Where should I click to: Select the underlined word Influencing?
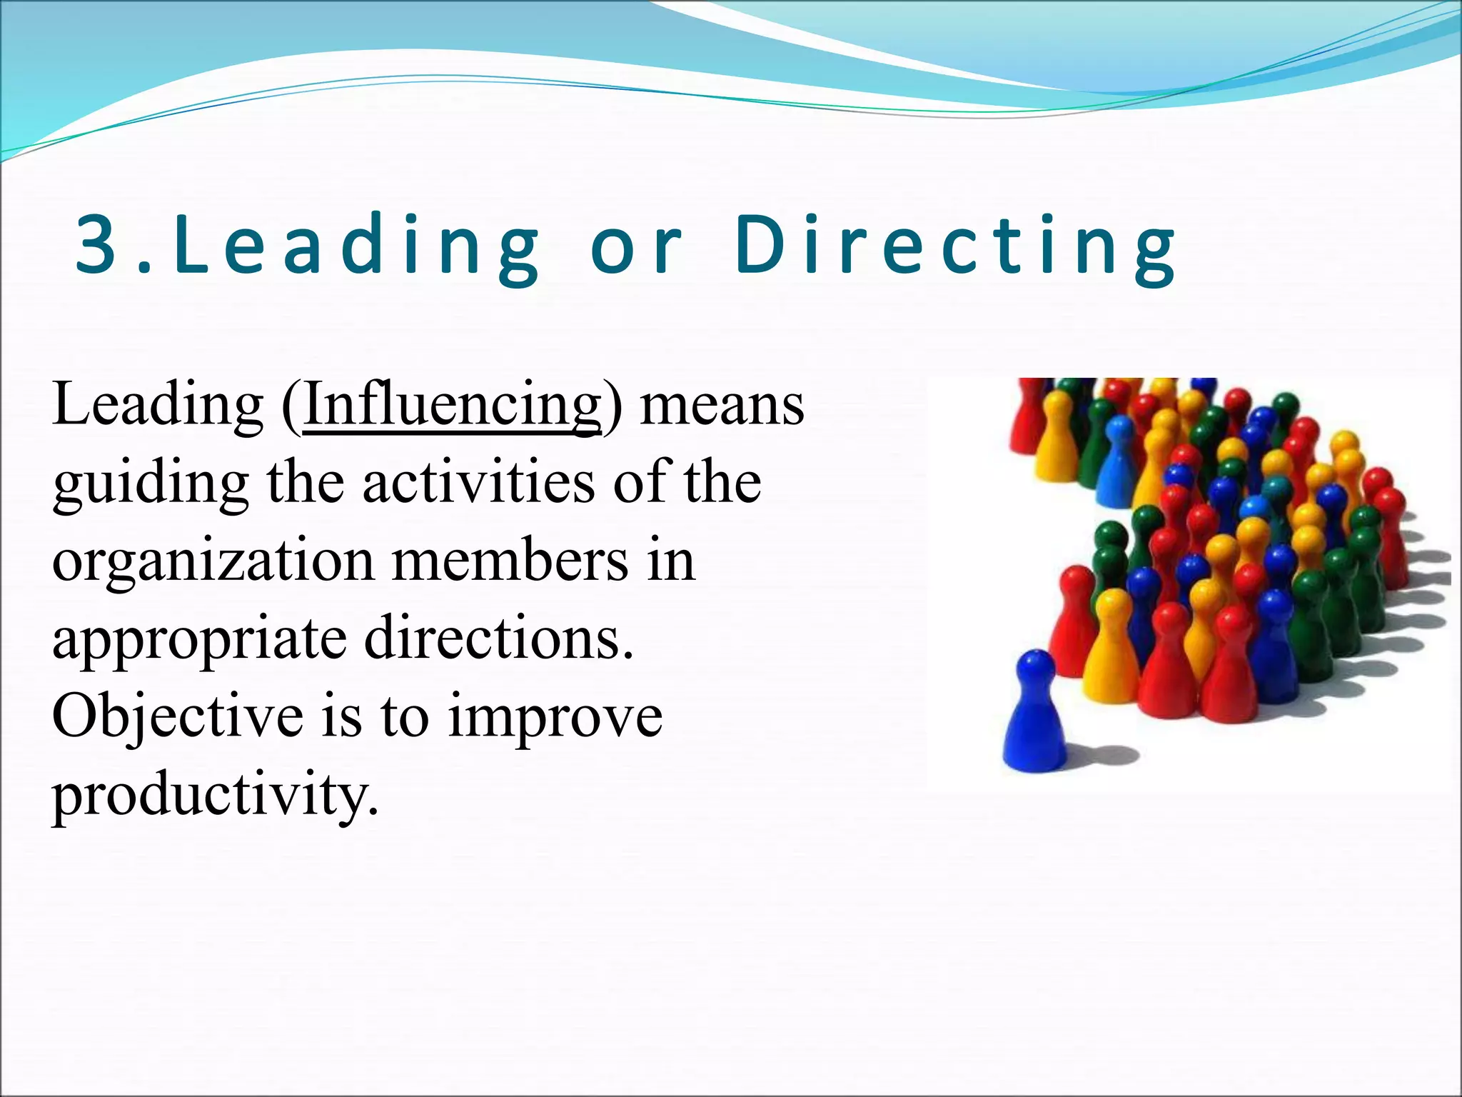click(453, 405)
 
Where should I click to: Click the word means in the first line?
click(722, 405)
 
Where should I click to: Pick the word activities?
click(478, 483)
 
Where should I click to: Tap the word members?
click(510, 561)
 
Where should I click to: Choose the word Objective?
click(178, 716)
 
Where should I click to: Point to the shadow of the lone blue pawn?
click(1103, 753)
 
